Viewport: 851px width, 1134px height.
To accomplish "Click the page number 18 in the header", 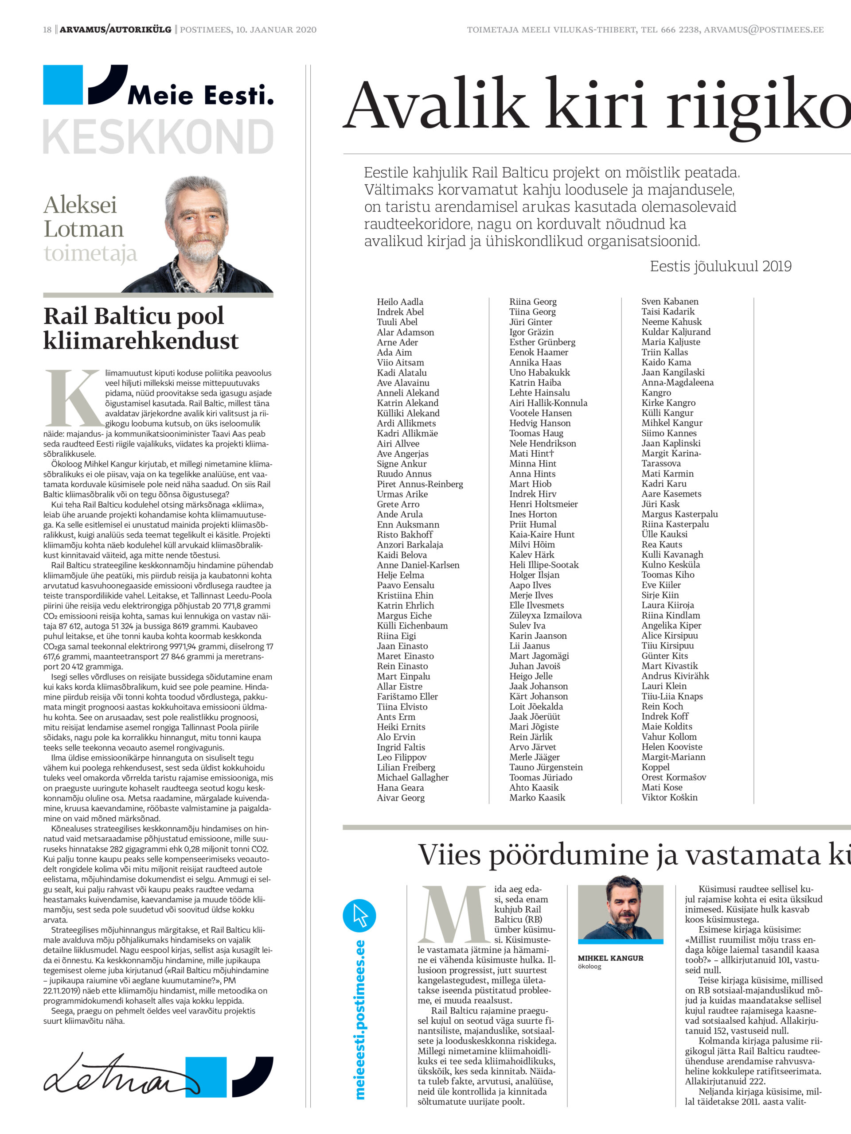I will [47, 30].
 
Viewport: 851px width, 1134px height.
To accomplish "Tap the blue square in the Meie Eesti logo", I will [62, 85].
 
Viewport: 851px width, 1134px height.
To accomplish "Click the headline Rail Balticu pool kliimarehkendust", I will [141, 328].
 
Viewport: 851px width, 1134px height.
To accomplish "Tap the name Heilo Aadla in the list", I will [400, 302].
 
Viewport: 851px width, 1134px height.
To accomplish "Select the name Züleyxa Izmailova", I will [545, 615].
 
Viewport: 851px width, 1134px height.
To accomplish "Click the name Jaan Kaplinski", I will [671, 443].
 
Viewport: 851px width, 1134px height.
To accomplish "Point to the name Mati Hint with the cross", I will [531, 453].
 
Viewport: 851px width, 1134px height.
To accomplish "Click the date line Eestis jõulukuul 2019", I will [720, 266].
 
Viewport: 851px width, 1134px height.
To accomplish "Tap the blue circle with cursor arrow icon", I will [359, 916].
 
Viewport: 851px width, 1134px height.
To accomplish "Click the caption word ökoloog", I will [589, 967].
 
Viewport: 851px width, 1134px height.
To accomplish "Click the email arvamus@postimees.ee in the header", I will [763, 30].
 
